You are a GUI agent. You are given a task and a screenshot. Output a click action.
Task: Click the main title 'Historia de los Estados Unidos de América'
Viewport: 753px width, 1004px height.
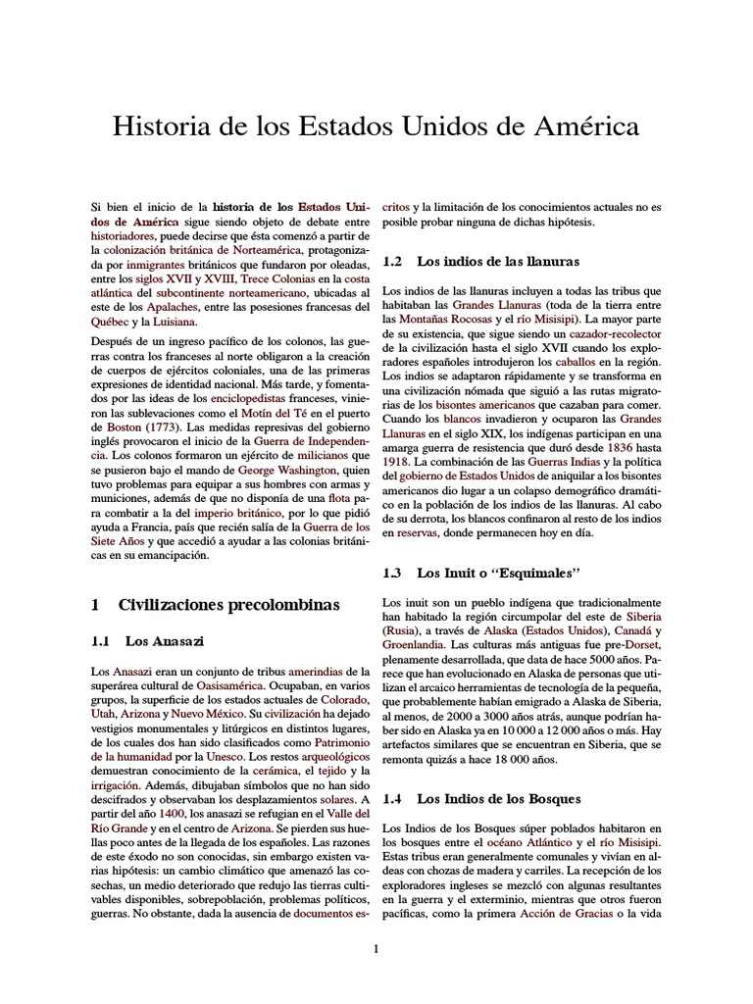[376, 126]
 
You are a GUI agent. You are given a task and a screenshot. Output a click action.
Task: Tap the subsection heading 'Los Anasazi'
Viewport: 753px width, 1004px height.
[164, 641]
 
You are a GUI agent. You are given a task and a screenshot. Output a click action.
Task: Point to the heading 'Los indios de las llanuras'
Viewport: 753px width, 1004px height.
[498, 262]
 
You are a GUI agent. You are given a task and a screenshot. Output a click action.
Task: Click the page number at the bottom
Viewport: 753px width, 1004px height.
[376, 948]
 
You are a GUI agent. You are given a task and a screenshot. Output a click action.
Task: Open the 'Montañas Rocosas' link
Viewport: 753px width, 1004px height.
[444, 320]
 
